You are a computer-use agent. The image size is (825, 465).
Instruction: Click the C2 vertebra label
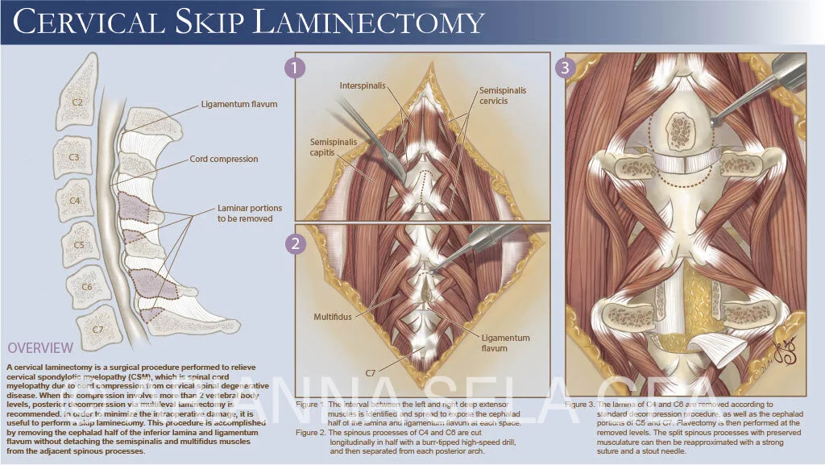[x=77, y=103]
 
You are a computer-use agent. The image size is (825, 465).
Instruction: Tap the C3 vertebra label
[x=74, y=157]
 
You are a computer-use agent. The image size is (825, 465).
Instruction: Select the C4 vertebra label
[x=75, y=201]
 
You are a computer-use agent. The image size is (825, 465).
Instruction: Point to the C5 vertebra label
[x=79, y=243]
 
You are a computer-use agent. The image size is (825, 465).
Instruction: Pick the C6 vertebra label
[x=86, y=286]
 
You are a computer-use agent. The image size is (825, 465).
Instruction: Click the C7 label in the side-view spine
[x=98, y=330]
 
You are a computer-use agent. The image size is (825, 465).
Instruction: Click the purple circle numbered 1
[x=296, y=69]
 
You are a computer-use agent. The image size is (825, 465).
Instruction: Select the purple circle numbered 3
[x=565, y=69]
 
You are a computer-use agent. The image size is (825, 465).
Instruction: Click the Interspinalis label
[x=361, y=85]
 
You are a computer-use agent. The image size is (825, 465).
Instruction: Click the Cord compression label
[x=224, y=160]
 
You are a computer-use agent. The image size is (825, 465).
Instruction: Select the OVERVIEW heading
[x=40, y=348]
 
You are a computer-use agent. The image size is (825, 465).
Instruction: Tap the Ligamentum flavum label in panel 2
[x=506, y=343]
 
